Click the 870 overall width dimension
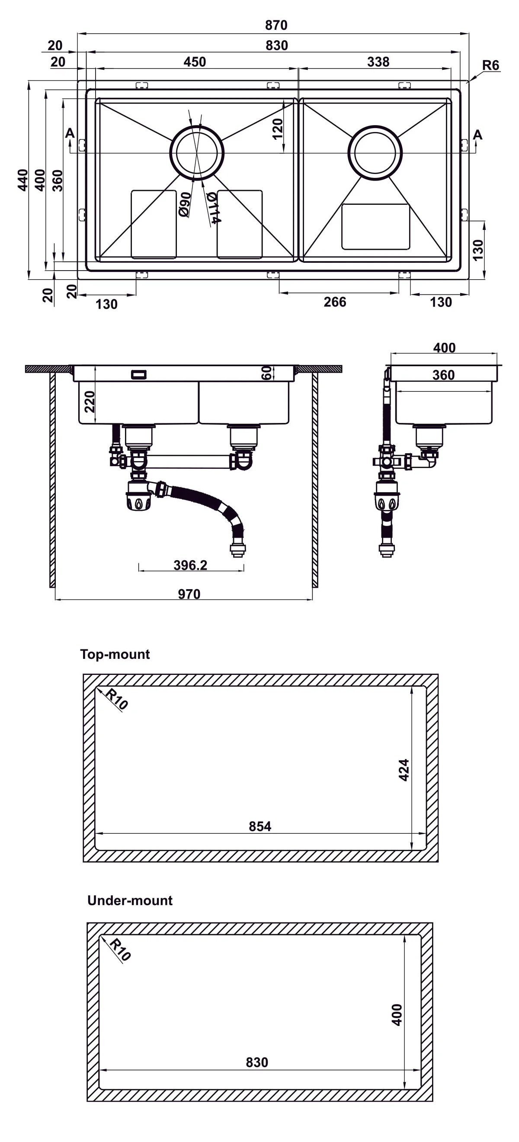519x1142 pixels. (x=276, y=25)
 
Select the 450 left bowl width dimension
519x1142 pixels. (x=195, y=61)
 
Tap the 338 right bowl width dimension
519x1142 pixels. (x=378, y=61)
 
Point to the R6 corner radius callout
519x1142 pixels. (x=490, y=65)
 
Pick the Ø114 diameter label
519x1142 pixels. (x=213, y=207)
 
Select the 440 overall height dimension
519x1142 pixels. (x=22, y=180)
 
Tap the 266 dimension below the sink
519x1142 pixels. (x=335, y=302)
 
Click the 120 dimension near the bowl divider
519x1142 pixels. (x=278, y=129)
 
